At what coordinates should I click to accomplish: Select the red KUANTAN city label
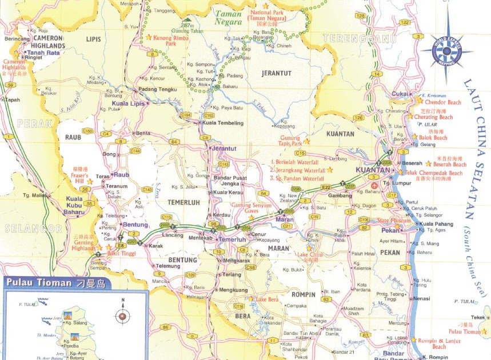(373, 170)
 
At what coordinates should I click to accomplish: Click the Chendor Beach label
(442, 103)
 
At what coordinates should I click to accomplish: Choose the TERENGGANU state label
(352, 38)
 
